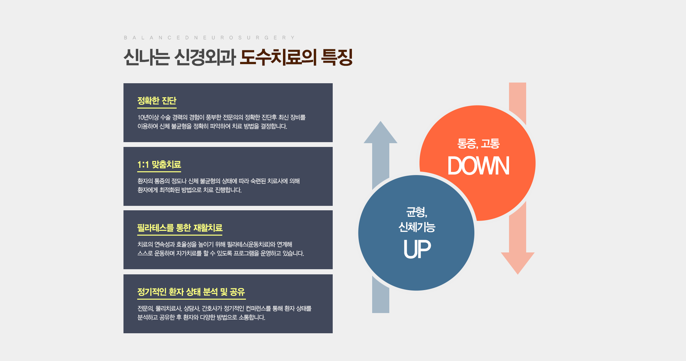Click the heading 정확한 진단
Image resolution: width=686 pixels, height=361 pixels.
click(157, 101)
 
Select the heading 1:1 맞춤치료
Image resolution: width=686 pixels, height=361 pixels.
click(159, 165)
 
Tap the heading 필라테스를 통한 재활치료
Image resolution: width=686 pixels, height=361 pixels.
click(180, 228)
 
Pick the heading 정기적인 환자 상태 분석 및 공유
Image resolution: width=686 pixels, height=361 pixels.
click(191, 292)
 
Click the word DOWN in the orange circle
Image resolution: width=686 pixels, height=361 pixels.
click(478, 166)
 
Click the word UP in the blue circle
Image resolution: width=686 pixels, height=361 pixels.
click(417, 249)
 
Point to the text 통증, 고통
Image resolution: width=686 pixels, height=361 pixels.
click(478, 144)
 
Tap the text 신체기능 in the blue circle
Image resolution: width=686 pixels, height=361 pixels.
click(417, 227)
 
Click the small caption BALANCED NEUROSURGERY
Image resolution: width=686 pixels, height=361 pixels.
click(209, 38)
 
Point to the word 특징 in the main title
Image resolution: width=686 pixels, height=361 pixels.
click(337, 57)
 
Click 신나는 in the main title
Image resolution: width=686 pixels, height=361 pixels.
click(146, 57)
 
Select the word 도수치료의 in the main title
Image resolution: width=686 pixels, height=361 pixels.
click(278, 57)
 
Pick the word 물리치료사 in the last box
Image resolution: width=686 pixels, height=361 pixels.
click(168, 309)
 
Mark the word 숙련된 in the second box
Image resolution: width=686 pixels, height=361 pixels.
click(258, 181)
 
